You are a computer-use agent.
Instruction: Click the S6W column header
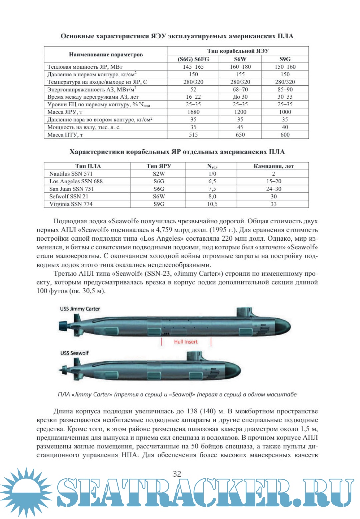click(240, 59)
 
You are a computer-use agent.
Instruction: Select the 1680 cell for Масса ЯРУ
click(193, 112)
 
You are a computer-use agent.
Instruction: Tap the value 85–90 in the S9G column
click(285, 89)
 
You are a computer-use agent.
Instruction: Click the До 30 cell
click(240, 97)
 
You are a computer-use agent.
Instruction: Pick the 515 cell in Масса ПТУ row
click(193, 135)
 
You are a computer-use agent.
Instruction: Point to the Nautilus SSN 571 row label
click(71, 174)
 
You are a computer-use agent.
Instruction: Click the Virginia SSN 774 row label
click(71, 204)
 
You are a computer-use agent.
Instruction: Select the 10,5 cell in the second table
click(212, 204)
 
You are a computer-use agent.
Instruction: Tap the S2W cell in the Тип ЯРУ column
click(159, 174)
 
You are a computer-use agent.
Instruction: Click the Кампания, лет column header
click(273, 166)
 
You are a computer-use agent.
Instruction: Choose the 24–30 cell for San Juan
click(273, 189)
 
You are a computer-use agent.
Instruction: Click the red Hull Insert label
click(186, 342)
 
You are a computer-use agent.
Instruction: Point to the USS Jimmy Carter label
click(80, 309)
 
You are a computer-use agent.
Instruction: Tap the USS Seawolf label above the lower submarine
click(74, 353)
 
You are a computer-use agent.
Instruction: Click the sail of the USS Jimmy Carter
click(244, 312)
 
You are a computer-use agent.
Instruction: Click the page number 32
click(177, 474)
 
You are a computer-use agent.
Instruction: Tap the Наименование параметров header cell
click(106, 55)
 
